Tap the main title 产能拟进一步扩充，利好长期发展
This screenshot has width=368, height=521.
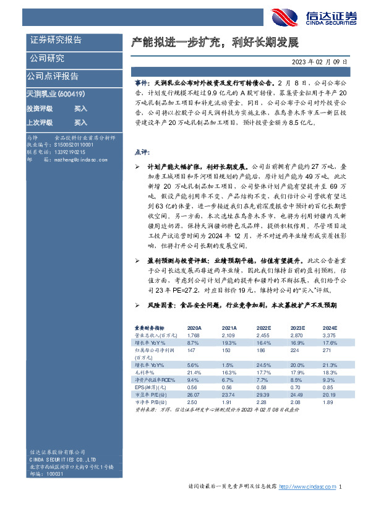click(215, 43)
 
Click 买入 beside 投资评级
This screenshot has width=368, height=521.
click(81, 108)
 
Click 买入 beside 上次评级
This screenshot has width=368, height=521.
click(81, 123)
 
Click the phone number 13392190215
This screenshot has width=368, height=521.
click(70, 152)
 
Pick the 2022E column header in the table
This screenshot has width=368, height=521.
click(264, 328)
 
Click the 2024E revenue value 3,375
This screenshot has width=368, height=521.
click(330, 335)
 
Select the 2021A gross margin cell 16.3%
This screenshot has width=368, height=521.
click(229, 372)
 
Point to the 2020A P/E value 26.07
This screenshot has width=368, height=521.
click(194, 395)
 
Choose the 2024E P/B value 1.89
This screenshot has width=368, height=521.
click(330, 402)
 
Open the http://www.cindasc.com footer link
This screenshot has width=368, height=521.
click(308, 505)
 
